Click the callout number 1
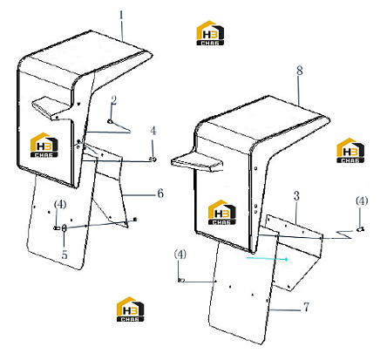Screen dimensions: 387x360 point(121,15)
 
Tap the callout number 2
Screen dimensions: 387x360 point(113,100)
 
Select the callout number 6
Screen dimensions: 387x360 point(160,194)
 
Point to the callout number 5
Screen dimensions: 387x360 point(64,255)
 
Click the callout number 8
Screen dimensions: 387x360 point(300,71)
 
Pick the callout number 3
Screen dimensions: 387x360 point(296,196)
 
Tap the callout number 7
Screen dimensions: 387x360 point(306,307)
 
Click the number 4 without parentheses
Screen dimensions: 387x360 point(153,131)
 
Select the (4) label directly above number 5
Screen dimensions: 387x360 point(60,204)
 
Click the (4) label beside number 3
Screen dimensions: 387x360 point(362,200)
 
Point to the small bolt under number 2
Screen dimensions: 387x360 point(110,121)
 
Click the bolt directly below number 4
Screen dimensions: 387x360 point(153,159)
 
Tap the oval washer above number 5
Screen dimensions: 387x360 point(64,228)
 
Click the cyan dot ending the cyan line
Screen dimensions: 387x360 point(286,259)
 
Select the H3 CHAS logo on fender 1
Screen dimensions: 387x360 point(44,145)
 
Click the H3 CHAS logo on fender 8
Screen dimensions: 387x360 point(222,212)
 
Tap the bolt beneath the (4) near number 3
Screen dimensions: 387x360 point(361,229)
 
